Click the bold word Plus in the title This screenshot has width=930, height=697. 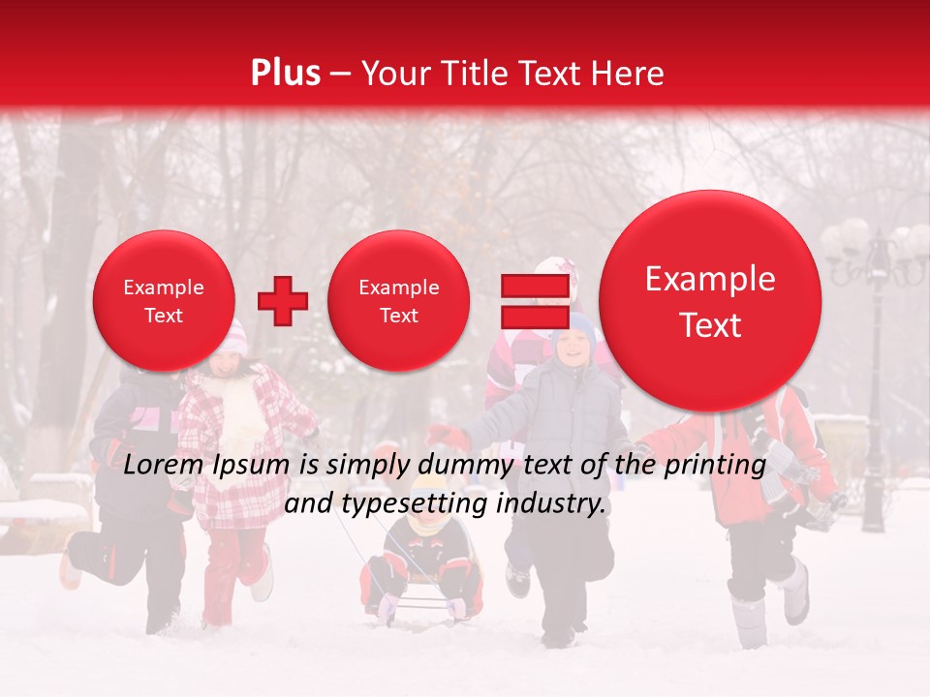(x=285, y=74)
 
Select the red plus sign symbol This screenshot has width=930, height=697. (x=283, y=301)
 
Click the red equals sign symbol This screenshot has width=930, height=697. (x=534, y=301)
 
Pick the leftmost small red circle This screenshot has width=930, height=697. (x=163, y=301)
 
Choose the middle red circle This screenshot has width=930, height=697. (x=398, y=301)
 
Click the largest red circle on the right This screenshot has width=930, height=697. (x=710, y=301)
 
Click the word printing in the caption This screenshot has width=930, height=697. (x=715, y=466)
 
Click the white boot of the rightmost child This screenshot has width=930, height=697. (x=795, y=592)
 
